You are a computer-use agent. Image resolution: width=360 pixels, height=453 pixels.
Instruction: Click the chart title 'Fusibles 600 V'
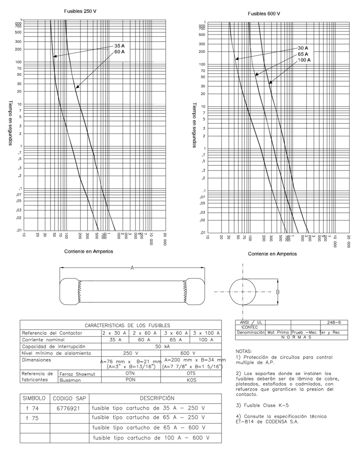click(x=264, y=14)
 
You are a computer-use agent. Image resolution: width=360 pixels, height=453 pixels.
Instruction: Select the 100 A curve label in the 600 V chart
click(x=303, y=60)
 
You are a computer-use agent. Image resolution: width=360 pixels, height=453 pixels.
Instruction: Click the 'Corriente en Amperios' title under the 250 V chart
click(x=88, y=251)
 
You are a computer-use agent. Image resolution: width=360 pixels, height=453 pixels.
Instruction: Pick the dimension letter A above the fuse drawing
click(x=132, y=268)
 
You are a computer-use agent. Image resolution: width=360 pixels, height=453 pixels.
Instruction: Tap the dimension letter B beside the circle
click(x=278, y=292)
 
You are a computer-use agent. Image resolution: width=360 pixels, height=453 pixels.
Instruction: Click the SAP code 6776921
click(x=69, y=409)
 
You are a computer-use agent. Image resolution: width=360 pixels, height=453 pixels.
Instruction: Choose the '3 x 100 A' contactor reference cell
click(x=206, y=333)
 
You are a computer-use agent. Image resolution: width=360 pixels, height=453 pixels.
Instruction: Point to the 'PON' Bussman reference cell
click(x=130, y=381)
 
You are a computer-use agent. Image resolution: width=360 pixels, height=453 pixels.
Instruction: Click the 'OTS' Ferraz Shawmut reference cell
click(x=192, y=374)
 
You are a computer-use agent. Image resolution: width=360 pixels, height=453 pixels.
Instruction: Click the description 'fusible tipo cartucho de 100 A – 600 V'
click(x=151, y=437)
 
